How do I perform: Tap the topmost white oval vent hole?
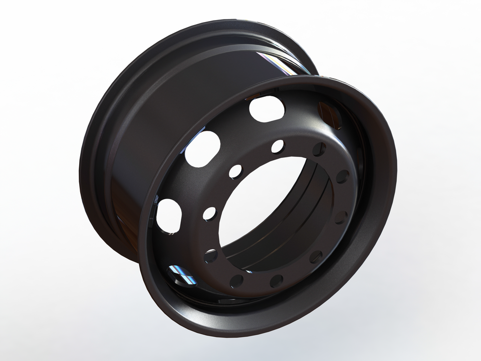click(x=267, y=108)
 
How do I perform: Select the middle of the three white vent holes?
click(x=202, y=149)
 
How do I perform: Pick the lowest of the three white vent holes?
click(x=169, y=216)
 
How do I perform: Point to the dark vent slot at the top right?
click(x=330, y=115)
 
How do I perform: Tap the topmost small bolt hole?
click(x=277, y=146)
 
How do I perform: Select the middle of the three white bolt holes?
click(x=235, y=171)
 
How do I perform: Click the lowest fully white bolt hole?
click(x=209, y=214)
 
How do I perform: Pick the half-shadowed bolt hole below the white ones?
click(x=211, y=256)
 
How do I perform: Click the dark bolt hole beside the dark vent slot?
click(x=319, y=149)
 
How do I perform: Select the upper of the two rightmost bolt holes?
click(x=343, y=176)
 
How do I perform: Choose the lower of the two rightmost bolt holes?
click(x=341, y=217)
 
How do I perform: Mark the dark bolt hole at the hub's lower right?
click(x=316, y=257)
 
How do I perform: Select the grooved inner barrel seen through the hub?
click(x=281, y=236)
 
